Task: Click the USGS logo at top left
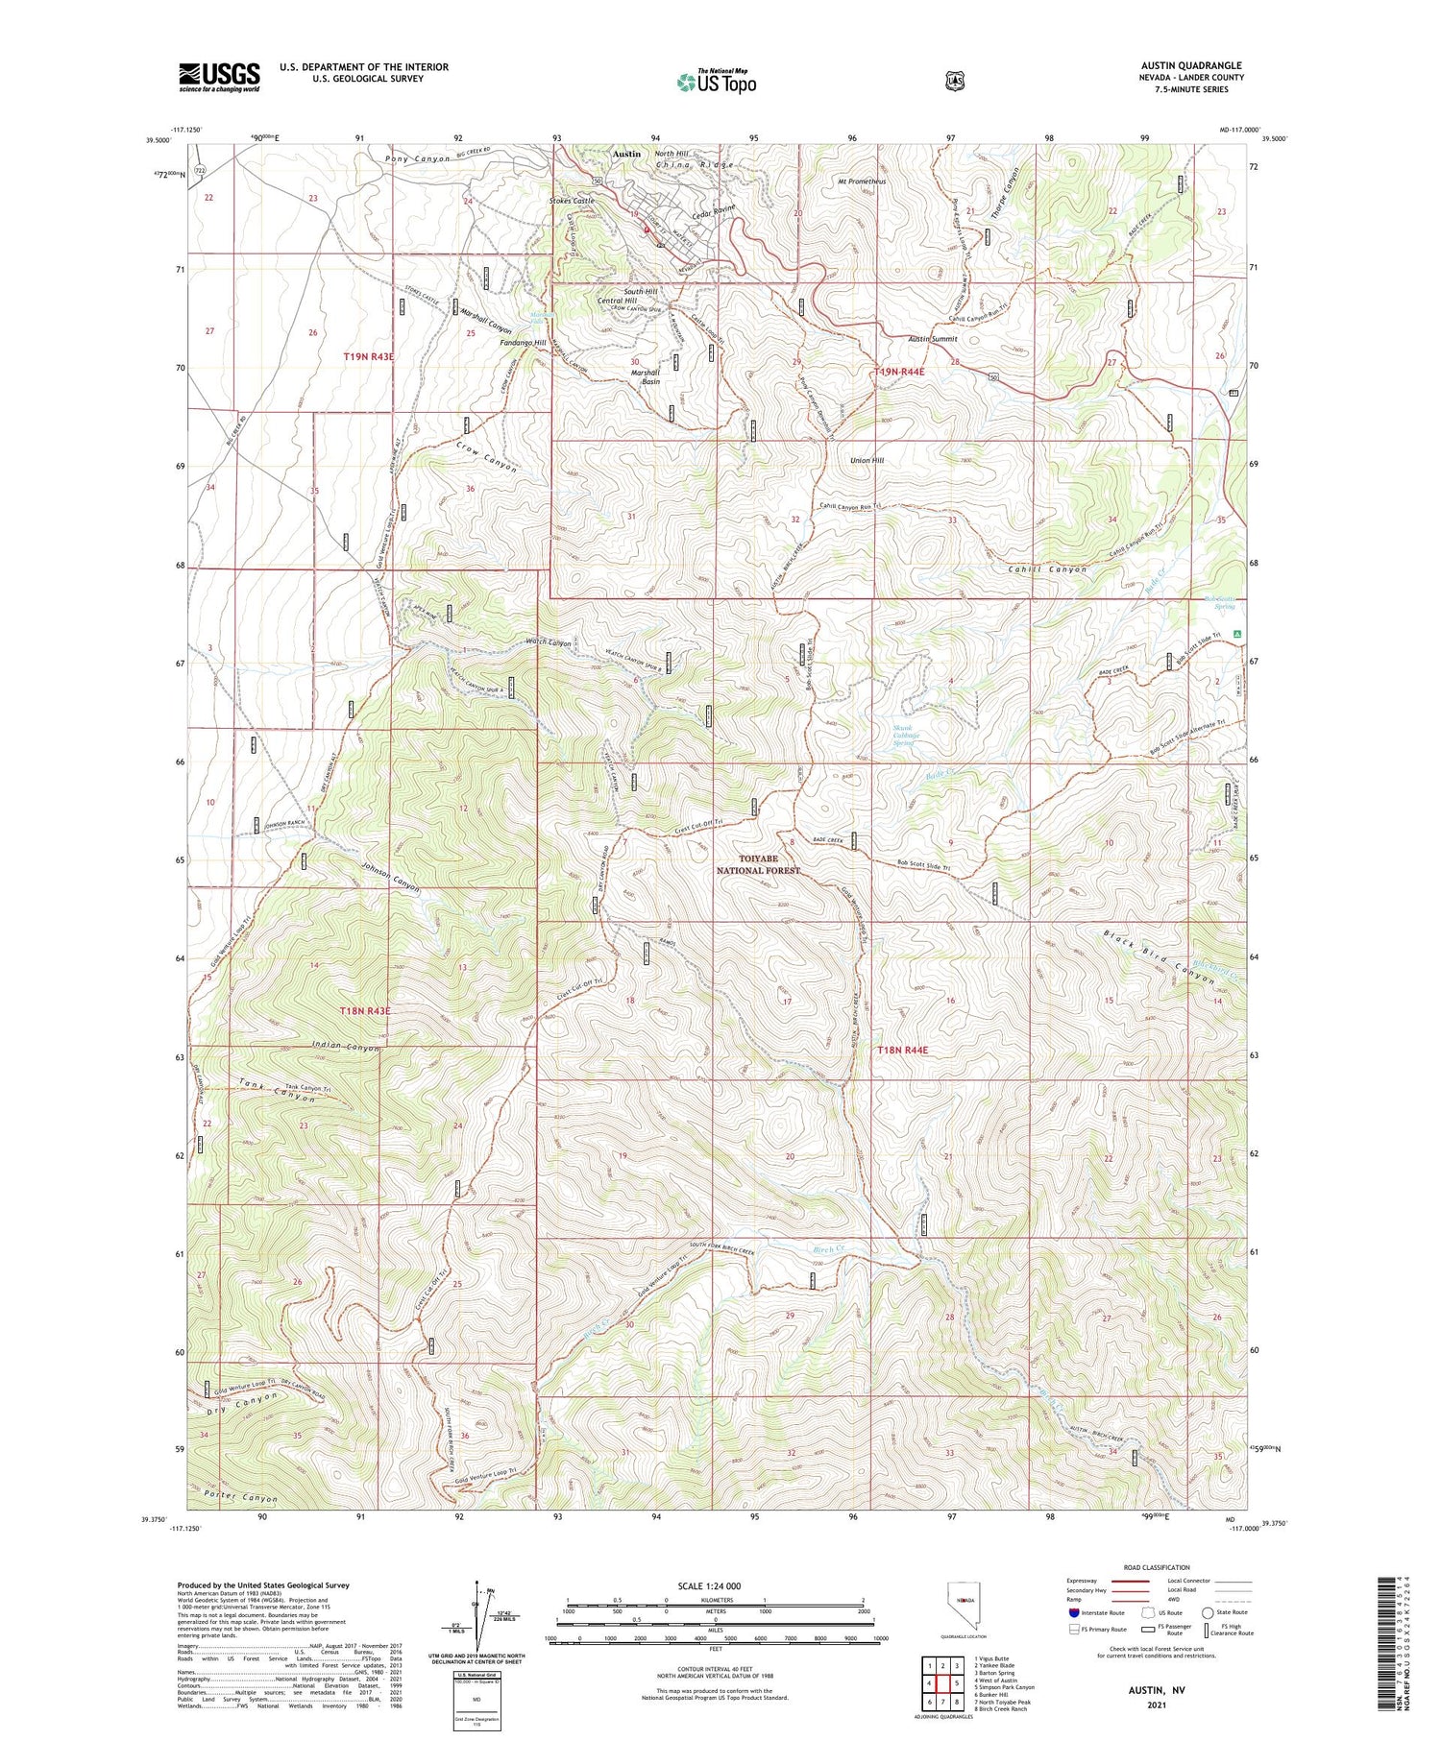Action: point(219,77)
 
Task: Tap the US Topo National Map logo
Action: point(717,81)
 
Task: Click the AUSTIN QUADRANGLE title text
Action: point(1188,65)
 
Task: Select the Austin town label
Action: point(626,154)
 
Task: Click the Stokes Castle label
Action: point(572,201)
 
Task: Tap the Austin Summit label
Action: point(933,339)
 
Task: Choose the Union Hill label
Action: point(867,460)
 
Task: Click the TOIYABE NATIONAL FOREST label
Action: point(758,863)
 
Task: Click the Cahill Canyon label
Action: point(1047,569)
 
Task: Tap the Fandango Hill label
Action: point(523,343)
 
